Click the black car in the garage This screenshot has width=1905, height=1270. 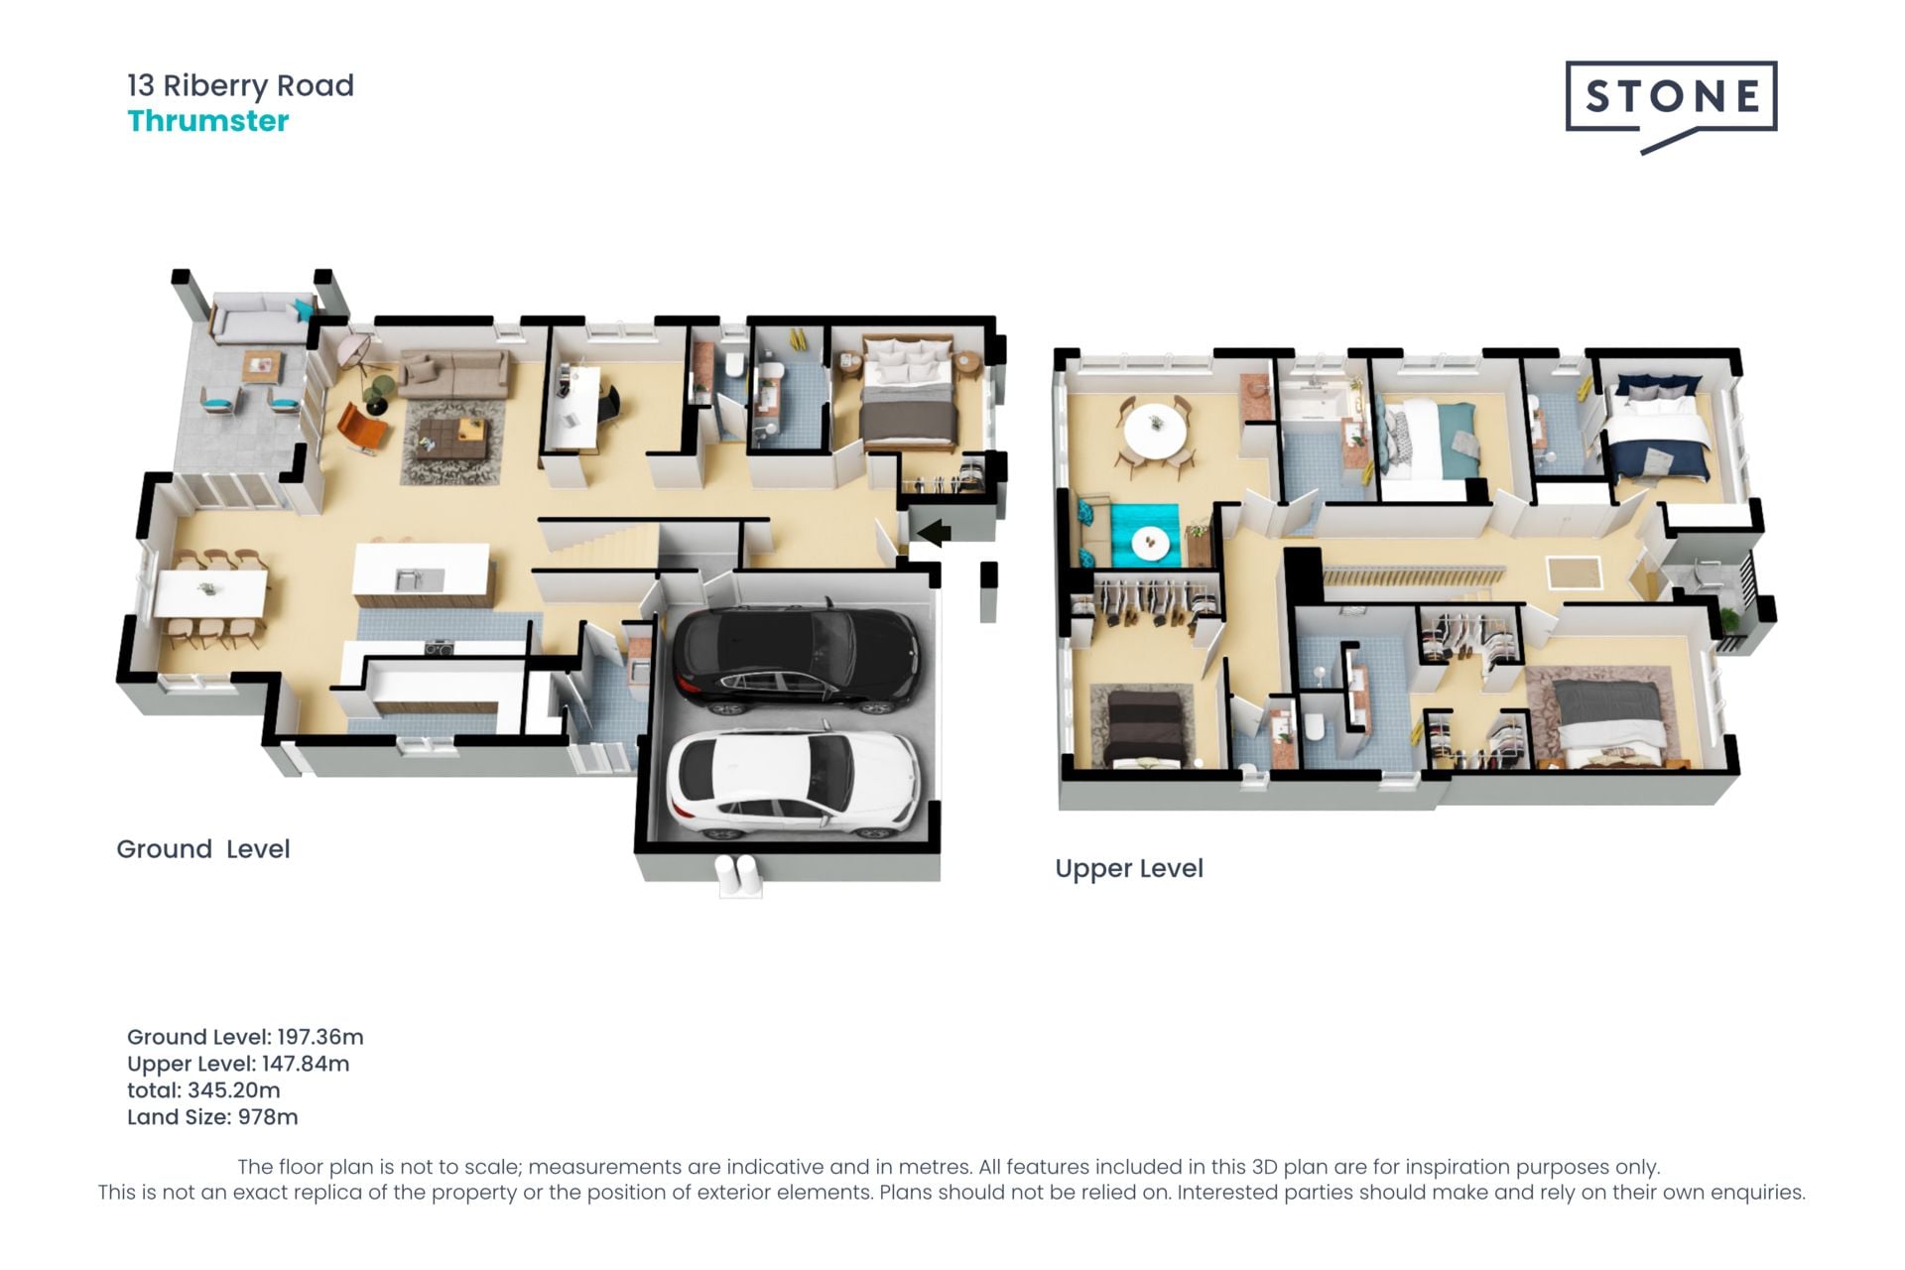tap(797, 658)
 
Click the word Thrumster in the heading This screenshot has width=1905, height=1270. tap(208, 121)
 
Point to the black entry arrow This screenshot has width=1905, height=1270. tap(933, 533)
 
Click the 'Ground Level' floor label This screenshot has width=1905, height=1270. tap(203, 849)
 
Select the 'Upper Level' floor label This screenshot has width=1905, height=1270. tap(1129, 869)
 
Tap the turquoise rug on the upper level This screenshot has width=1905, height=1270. tap(1145, 536)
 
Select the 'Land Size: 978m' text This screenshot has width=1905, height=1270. tap(212, 1117)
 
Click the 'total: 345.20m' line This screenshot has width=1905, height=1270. tap(203, 1090)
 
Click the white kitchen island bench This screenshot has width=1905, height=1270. tap(422, 574)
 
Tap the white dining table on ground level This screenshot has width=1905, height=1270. tap(210, 593)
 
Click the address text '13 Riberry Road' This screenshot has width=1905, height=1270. tap(240, 86)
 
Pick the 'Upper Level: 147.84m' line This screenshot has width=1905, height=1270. tap(238, 1064)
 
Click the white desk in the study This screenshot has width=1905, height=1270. tap(577, 408)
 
